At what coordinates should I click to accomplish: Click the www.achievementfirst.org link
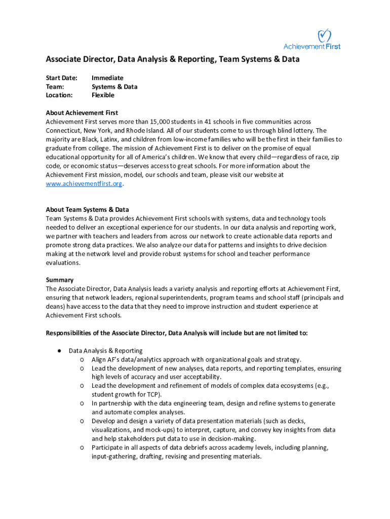pos(84,183)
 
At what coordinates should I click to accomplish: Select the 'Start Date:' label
pos(62,78)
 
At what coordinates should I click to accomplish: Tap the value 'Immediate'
pos(107,78)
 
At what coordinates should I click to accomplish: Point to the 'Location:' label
pos(59,95)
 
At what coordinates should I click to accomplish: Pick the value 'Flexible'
pos(103,95)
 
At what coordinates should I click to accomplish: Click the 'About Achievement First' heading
pos(82,113)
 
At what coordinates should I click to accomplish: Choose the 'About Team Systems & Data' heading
pos(87,209)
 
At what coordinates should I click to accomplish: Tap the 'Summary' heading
pos(60,280)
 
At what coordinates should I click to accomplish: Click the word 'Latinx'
pos(113,139)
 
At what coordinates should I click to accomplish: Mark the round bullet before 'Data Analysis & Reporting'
pos(59,350)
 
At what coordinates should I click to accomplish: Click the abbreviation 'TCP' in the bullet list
pos(153,394)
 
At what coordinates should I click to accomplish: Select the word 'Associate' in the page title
pos(63,59)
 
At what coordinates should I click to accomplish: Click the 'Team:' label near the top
pos(55,86)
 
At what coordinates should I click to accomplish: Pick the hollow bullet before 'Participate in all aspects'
pos(82,448)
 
